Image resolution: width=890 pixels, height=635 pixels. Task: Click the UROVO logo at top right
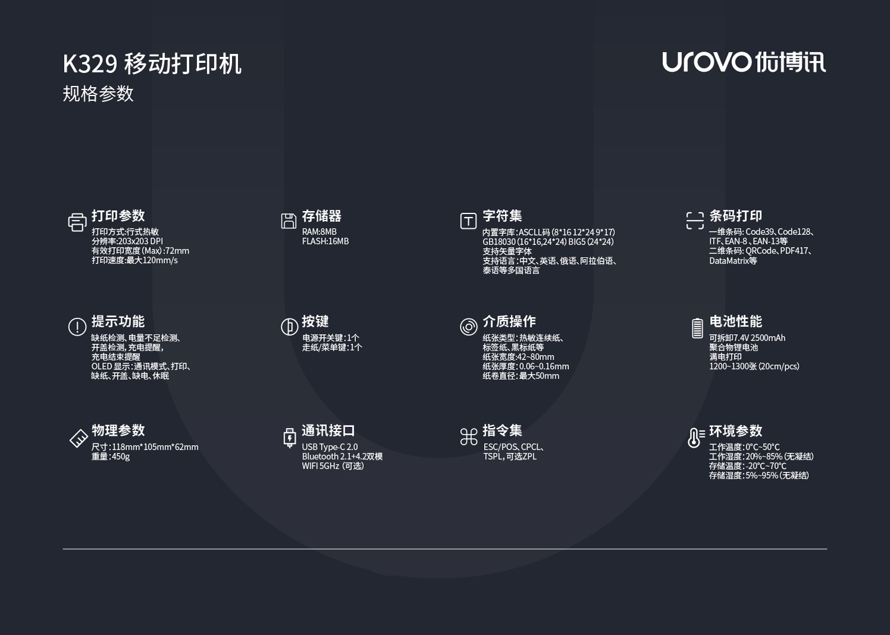(x=743, y=62)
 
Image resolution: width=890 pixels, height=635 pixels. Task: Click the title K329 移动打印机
(x=152, y=64)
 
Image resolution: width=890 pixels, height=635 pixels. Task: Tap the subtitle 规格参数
(x=98, y=94)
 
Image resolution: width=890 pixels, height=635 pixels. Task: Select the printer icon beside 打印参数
(x=77, y=222)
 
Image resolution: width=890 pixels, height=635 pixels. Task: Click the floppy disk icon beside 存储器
(x=288, y=221)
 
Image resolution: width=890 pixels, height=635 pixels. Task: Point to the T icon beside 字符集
(x=468, y=221)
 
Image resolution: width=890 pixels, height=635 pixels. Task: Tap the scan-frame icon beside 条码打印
(x=695, y=221)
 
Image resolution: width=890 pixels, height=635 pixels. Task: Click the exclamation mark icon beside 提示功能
(x=77, y=327)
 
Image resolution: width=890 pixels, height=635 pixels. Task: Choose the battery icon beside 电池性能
(x=697, y=328)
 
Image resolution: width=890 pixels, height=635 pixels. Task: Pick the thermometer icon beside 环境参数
(x=695, y=438)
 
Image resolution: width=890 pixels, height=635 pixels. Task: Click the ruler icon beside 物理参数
(x=78, y=438)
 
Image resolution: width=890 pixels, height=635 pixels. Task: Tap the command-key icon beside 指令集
(x=469, y=437)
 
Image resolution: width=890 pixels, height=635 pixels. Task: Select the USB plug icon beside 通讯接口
(x=290, y=438)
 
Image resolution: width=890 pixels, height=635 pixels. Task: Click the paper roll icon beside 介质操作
(x=468, y=327)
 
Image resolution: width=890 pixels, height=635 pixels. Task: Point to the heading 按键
(x=315, y=321)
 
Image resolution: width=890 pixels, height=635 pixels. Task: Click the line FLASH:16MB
(x=325, y=241)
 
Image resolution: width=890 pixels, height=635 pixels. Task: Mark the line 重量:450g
(x=110, y=457)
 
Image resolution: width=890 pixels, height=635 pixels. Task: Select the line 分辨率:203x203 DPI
(x=127, y=241)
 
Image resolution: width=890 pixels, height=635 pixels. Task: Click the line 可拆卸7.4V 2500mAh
(x=747, y=338)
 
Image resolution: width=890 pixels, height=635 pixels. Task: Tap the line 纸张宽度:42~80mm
(x=518, y=357)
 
